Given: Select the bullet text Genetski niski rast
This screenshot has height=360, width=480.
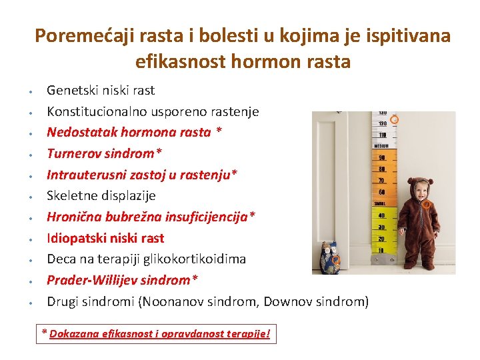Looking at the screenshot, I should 100,90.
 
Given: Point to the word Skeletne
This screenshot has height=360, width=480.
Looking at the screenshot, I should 73,195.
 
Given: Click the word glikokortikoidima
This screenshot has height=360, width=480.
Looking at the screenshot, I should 198,259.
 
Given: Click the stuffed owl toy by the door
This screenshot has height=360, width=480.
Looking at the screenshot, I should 329,258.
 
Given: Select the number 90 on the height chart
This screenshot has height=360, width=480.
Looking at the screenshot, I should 382,158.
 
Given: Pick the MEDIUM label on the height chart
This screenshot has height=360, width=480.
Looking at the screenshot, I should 381,146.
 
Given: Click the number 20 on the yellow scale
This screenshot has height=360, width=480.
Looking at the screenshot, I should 382,239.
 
